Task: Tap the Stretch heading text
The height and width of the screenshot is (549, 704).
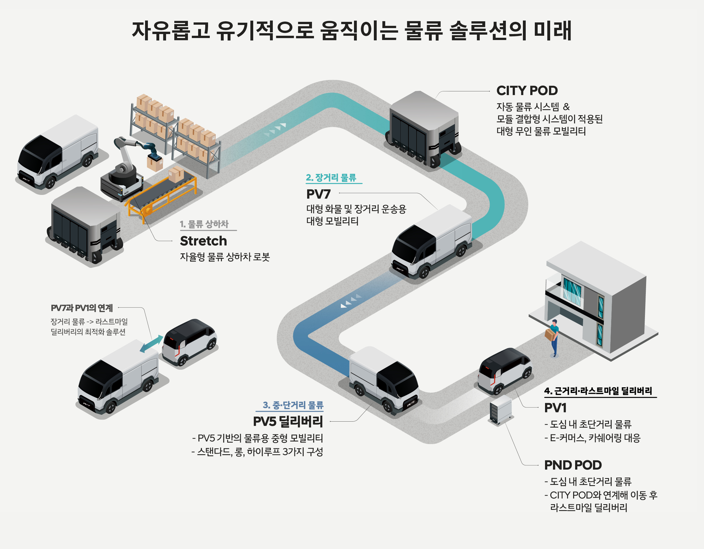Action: pyautogui.click(x=204, y=241)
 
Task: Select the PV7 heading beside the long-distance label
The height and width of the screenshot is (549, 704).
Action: pyautogui.click(x=318, y=194)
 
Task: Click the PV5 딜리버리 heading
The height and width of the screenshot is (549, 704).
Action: pyautogui.click(x=288, y=421)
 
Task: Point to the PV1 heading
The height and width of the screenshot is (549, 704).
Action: pyautogui.click(x=555, y=408)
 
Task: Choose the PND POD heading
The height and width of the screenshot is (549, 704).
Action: pyautogui.click(x=573, y=465)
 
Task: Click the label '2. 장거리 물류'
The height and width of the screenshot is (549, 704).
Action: pyautogui.click(x=331, y=178)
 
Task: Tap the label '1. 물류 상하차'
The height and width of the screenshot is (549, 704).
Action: pyautogui.click(x=204, y=224)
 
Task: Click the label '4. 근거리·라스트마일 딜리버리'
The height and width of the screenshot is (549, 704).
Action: pyautogui.click(x=598, y=391)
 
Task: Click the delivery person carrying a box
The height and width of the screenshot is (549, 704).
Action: pyautogui.click(x=554, y=337)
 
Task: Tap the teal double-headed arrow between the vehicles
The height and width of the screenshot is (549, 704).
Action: pyautogui.click(x=152, y=344)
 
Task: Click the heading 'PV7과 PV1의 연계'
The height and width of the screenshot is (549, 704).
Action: pyautogui.click(x=82, y=308)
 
